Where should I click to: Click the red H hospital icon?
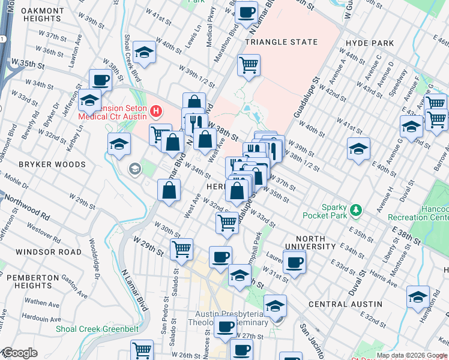pos(157,111)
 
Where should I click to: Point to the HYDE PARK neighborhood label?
pos(370,43)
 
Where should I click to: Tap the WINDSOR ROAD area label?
pos(49,252)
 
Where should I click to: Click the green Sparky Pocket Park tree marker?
pos(357,209)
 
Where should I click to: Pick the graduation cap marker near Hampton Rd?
pos(418,296)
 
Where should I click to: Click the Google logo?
pos(19,353)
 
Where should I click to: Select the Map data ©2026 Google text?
pos(412,355)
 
